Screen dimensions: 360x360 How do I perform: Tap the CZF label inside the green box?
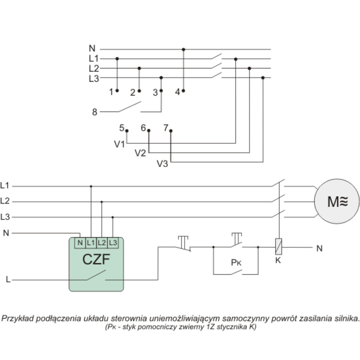click(x=96, y=259)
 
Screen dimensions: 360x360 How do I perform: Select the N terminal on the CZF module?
click(x=80, y=243)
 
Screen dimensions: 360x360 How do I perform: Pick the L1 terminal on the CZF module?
click(x=91, y=243)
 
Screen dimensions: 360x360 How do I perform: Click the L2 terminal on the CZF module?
click(x=102, y=243)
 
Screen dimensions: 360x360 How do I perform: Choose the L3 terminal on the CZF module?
click(x=113, y=243)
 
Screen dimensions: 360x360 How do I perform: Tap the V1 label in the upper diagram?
click(x=120, y=144)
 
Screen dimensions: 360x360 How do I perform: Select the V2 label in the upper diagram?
click(x=140, y=153)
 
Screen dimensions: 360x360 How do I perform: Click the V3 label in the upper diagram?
click(x=162, y=163)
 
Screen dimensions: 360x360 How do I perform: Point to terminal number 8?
click(x=95, y=112)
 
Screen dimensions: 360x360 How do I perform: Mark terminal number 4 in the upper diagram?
click(x=177, y=92)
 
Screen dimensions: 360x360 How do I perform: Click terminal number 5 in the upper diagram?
click(x=122, y=128)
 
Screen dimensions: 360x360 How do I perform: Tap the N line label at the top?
click(x=93, y=49)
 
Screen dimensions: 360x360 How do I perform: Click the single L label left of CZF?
click(x=8, y=279)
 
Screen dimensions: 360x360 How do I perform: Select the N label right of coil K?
click(x=319, y=248)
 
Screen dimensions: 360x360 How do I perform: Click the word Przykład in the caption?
click(x=16, y=319)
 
